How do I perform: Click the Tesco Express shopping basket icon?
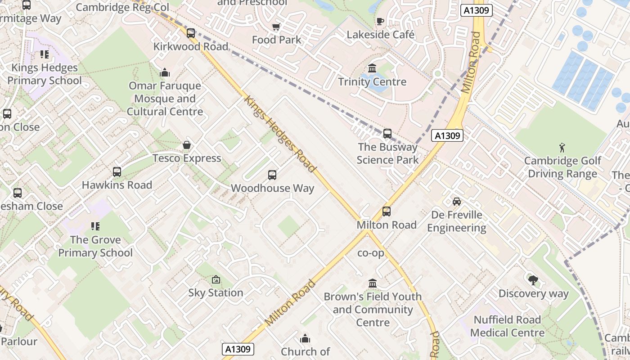point(187,145)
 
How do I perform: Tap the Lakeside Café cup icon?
point(380,21)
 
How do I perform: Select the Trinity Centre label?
point(372,82)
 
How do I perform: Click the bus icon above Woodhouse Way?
point(272,175)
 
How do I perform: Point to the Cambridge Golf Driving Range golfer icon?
point(562,148)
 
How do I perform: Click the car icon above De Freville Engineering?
point(457,201)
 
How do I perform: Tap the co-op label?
point(371,253)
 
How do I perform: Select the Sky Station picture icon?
point(216,279)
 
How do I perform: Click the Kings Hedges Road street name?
point(279,133)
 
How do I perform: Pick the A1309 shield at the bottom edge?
point(238,349)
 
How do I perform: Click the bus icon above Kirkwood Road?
point(191,33)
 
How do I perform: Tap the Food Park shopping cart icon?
point(276,27)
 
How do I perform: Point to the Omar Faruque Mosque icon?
point(165,72)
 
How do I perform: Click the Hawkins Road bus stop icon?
point(117,171)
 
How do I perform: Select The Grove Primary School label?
point(95,246)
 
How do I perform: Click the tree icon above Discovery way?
point(533,280)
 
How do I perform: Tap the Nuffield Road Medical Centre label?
point(507,326)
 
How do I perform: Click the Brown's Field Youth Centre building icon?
point(373,283)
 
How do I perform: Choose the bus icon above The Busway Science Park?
point(387,134)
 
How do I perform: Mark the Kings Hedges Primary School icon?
point(44,54)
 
